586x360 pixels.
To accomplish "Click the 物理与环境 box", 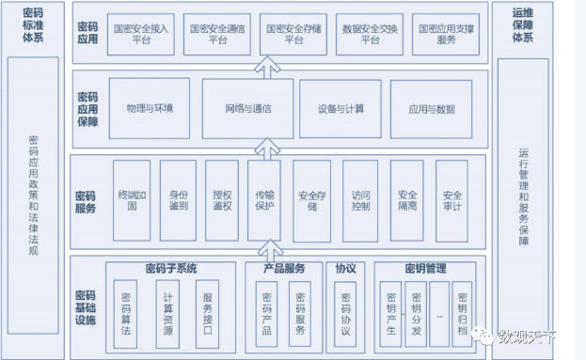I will [x=156, y=108].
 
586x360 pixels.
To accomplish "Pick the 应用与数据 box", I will [x=431, y=108].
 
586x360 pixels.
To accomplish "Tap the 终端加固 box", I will [x=132, y=199].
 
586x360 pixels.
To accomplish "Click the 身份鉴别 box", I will [x=177, y=199].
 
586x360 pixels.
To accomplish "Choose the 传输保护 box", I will [x=264, y=199].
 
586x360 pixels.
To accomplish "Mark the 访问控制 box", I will [x=359, y=199].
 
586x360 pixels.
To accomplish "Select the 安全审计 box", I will [x=451, y=199].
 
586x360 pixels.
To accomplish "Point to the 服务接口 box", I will [x=209, y=309].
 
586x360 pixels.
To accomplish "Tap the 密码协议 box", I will [x=345, y=309].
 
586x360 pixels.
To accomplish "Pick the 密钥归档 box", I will [x=462, y=309].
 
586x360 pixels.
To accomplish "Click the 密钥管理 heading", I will [x=425, y=269].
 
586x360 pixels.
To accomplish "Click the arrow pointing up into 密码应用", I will [x=267, y=69].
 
